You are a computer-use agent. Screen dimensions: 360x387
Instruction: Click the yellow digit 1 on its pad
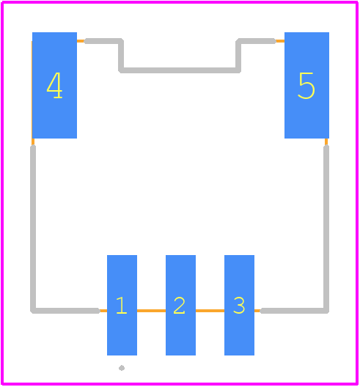pyautogui.click(x=122, y=306)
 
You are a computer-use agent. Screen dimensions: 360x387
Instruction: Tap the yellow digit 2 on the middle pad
pyautogui.click(x=180, y=306)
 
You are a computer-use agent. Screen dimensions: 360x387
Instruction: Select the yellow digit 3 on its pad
pyautogui.click(x=239, y=306)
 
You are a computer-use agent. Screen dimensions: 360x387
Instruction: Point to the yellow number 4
pyautogui.click(x=54, y=86)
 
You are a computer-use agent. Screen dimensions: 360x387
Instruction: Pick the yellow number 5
pyautogui.click(x=306, y=86)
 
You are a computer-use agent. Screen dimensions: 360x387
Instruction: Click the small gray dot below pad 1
pyautogui.click(x=122, y=368)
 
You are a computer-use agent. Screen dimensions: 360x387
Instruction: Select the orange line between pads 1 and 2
pyautogui.click(x=151, y=311)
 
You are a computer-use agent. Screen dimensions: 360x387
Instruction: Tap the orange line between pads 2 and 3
pyautogui.click(x=210, y=311)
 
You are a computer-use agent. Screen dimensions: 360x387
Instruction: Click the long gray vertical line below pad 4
pyautogui.click(x=33, y=228)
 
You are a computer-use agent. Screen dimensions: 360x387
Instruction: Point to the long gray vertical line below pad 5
pyautogui.click(x=326, y=228)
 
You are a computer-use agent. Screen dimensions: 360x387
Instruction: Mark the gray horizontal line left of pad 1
pyautogui.click(x=66, y=311)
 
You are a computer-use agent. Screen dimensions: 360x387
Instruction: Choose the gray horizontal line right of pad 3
pyautogui.click(x=294, y=311)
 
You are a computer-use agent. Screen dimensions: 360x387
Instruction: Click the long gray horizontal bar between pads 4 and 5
pyautogui.click(x=180, y=70)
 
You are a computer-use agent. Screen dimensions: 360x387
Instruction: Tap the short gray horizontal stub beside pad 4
pyautogui.click(x=103, y=41)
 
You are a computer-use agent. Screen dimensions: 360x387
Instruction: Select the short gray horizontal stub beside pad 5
pyautogui.click(x=256, y=41)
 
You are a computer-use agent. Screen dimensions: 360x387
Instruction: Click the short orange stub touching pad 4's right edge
pyautogui.click(x=81, y=41)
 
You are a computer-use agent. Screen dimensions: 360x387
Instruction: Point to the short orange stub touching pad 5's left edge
pyautogui.click(x=280, y=41)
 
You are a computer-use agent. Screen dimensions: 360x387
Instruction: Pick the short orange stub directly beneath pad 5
pyautogui.click(x=326, y=142)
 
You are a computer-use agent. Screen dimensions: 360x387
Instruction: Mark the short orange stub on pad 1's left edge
pyautogui.click(x=103, y=311)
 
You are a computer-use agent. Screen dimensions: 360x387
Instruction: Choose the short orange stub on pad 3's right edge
pyautogui.click(x=257, y=311)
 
